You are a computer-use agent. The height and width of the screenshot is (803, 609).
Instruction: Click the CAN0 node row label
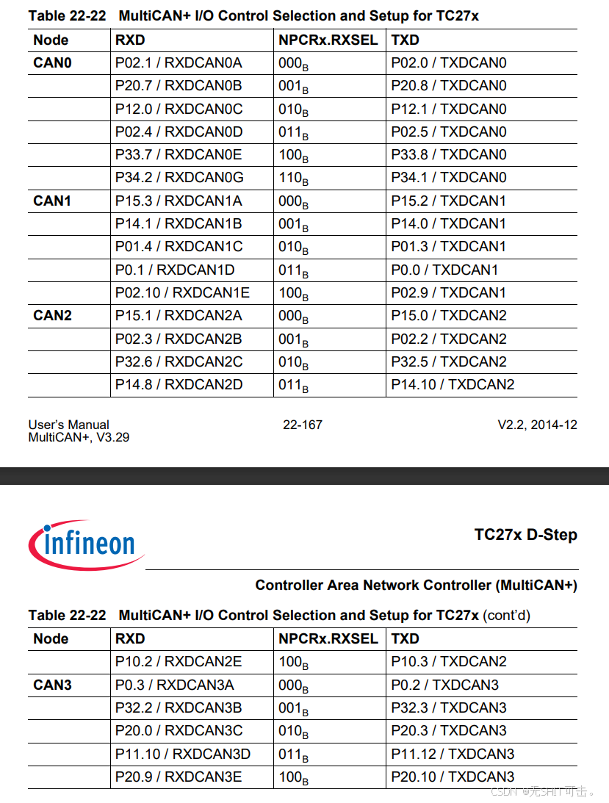(x=52, y=63)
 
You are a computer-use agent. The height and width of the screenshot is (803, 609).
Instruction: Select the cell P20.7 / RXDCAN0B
(x=179, y=85)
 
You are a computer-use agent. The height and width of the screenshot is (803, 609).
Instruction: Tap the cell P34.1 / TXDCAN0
(x=449, y=178)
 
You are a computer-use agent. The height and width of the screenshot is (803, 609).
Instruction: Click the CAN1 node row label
(x=52, y=201)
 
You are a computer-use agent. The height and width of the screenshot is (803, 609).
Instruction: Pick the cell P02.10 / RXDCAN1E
(x=182, y=293)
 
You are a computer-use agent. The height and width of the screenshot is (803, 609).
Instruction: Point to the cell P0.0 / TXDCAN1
(x=444, y=270)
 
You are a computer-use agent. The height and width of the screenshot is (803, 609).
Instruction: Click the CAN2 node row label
(x=52, y=315)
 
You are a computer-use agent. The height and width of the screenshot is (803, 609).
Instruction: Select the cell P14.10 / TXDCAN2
(x=453, y=384)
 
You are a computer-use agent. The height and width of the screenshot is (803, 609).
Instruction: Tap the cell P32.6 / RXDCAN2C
(x=179, y=362)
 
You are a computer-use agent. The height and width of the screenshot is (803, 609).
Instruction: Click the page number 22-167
(x=303, y=425)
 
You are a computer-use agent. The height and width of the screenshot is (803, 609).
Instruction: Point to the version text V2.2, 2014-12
(x=537, y=425)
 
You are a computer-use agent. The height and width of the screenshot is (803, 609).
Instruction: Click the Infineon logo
(x=87, y=544)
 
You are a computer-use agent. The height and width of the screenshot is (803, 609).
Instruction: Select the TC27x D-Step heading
(x=526, y=535)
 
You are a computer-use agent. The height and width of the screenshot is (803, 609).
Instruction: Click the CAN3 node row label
(x=52, y=685)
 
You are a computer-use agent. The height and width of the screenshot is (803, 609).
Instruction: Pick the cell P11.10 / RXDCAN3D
(x=183, y=755)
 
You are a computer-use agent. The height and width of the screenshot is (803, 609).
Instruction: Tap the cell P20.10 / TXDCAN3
(x=453, y=777)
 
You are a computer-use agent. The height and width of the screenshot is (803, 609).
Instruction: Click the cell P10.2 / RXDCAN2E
(x=179, y=662)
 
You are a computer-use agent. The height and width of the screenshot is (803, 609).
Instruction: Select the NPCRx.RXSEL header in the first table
(x=328, y=40)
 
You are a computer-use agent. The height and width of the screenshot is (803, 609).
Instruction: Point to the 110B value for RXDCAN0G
(x=294, y=179)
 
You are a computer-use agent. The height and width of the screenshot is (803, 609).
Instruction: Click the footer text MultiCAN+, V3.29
(x=79, y=438)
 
